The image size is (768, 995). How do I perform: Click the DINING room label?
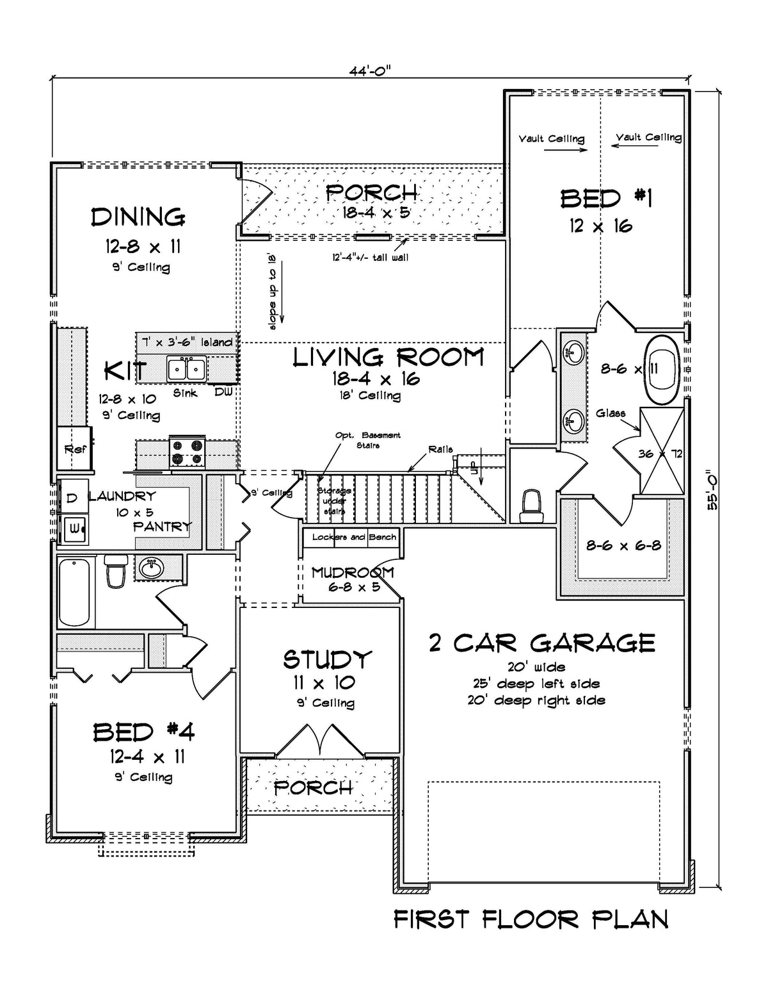(138, 218)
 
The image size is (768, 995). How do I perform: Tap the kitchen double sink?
(186, 370)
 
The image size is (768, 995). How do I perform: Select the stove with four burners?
(187, 452)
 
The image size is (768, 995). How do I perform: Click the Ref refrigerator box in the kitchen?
(74, 448)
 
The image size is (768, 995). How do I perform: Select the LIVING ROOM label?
(388, 358)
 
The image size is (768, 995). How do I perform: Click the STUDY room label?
(327, 659)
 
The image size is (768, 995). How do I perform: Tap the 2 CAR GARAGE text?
(541, 643)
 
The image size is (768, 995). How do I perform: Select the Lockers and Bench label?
(354, 537)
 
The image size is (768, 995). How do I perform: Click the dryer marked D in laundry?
(72, 497)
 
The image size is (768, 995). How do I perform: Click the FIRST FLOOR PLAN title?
(531, 919)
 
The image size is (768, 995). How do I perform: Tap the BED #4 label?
(143, 732)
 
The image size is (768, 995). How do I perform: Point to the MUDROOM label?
(352, 572)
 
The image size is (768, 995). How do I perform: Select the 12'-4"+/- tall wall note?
(371, 258)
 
